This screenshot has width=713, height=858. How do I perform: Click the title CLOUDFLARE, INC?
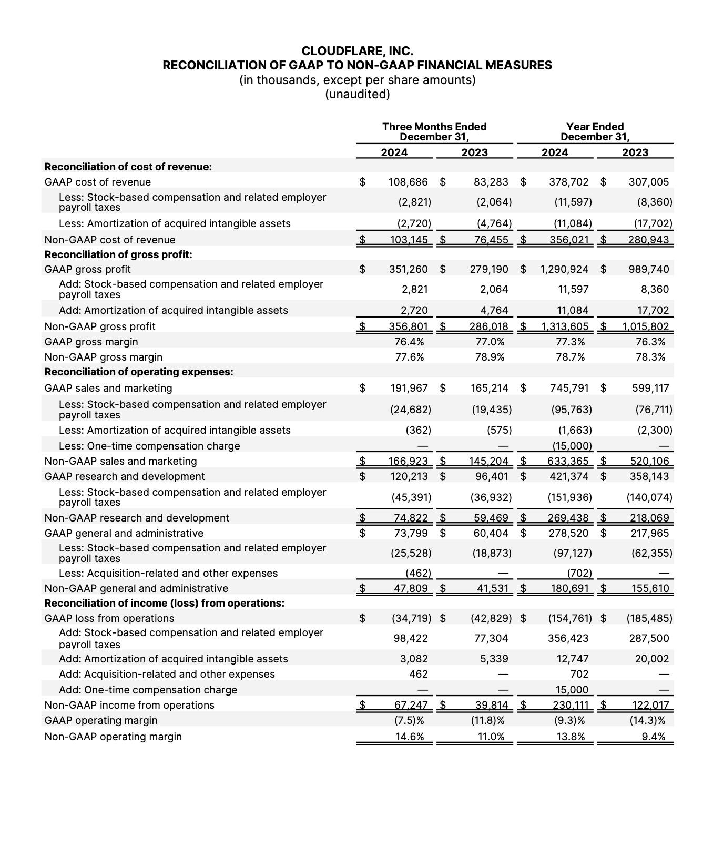click(x=357, y=51)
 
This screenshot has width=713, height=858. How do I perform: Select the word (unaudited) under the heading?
click(x=357, y=94)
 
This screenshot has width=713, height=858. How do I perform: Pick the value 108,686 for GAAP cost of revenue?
click(x=408, y=182)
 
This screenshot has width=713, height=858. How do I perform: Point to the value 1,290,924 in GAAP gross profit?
click(x=564, y=269)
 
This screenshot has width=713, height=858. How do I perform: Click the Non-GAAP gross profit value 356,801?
click(x=408, y=326)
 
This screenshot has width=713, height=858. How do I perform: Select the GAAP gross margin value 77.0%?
click(x=490, y=342)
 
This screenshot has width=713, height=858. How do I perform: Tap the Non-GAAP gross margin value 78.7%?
click(x=570, y=357)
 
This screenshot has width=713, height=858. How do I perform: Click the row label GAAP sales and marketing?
click(x=108, y=388)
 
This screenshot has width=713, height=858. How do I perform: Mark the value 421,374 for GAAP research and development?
click(x=569, y=476)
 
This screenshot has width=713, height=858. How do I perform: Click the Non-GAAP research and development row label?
click(x=137, y=518)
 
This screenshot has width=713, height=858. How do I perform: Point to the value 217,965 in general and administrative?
click(x=650, y=533)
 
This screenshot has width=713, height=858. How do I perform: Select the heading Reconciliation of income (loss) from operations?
click(x=164, y=603)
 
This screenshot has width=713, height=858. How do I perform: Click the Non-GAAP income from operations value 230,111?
click(x=569, y=705)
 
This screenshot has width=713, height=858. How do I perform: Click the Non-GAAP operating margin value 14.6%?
click(x=409, y=737)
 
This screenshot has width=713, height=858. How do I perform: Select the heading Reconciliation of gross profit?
click(x=118, y=254)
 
